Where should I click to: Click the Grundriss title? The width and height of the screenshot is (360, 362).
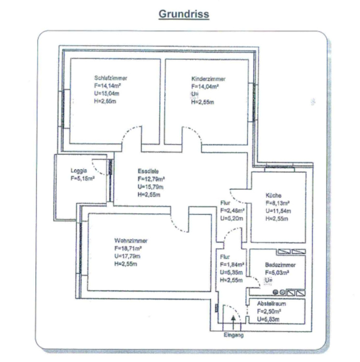tap(184, 14)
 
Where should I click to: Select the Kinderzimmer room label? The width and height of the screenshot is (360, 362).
tap(208, 78)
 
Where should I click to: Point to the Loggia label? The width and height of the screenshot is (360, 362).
tap(78, 171)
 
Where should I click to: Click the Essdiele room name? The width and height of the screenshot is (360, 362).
tap(148, 170)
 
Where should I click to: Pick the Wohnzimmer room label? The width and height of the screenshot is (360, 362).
tap(131, 240)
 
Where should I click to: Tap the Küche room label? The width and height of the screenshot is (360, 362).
tap(273, 195)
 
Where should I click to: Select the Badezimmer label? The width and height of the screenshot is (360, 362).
tap(280, 265)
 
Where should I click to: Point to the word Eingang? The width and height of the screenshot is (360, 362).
tap(234, 335)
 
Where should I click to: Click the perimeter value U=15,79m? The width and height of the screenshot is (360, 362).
tap(151, 187)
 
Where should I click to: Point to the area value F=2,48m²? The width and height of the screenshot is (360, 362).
tap(232, 210)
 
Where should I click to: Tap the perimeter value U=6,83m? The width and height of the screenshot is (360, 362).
tap(269, 320)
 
